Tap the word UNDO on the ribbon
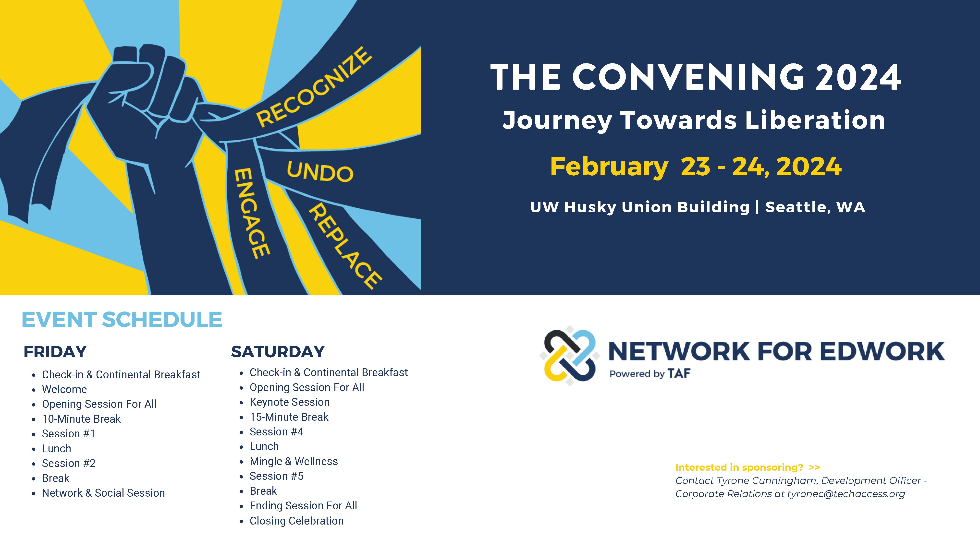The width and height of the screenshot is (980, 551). pos(320,171)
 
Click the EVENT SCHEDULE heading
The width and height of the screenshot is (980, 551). pos(122,319)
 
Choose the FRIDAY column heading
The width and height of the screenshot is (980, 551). pos(55,352)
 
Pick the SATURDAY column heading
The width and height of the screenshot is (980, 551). pos(278,352)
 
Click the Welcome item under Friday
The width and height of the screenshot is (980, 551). pos(64,389)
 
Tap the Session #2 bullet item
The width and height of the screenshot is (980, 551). pos(69,463)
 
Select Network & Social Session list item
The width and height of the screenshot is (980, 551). pos(103,493)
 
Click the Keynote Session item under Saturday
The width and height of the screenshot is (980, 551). pos(290,402)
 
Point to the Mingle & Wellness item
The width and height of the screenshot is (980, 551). pos(294,461)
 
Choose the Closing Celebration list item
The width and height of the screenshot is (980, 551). pos(297,521)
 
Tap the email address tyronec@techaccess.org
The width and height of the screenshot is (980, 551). pos(846,494)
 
